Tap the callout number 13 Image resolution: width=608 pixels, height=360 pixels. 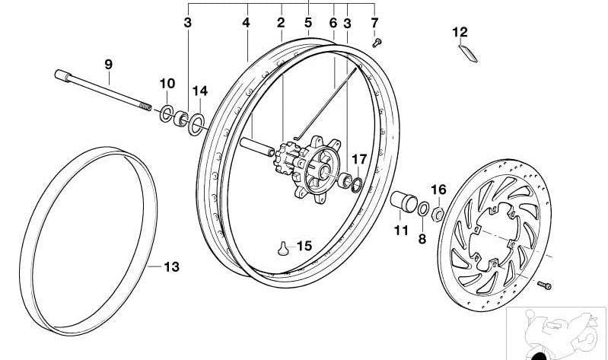171,267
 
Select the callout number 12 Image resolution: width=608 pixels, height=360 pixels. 460,32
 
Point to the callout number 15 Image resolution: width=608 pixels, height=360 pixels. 304,246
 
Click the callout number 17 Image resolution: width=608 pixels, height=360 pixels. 359,158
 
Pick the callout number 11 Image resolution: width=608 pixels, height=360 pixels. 401,229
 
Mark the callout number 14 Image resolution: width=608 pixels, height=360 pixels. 199,91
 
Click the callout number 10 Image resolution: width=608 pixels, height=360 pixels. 167,83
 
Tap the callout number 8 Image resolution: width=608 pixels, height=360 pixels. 422,237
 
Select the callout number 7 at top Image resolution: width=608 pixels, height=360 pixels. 374,23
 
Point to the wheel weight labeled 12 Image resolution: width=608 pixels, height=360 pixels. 467,53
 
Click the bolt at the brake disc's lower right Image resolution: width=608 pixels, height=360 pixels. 544,285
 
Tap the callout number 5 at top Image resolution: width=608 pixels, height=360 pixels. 308,23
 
